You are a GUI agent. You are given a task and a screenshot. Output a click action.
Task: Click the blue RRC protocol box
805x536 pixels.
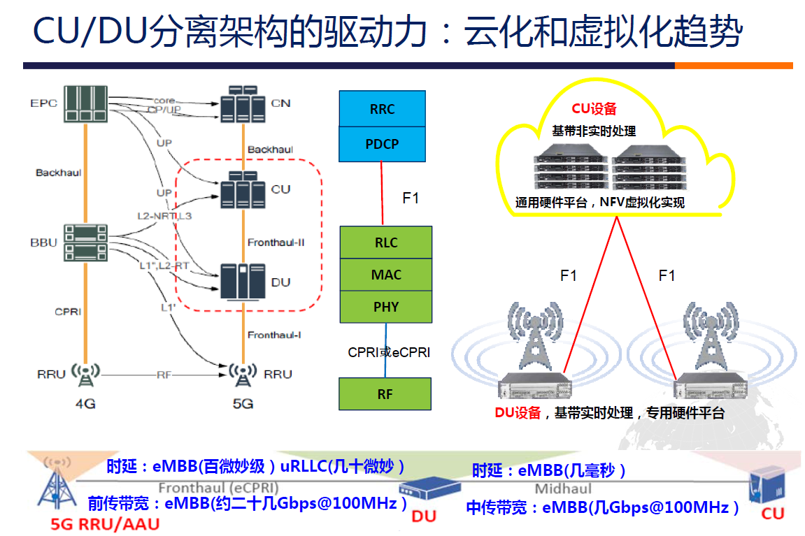pos(382,109)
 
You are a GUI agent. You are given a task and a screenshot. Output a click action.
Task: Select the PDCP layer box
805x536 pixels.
pos(382,144)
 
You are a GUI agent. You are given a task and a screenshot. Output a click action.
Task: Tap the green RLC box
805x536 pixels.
pos(385,242)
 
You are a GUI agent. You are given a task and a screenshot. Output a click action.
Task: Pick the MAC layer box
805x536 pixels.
pos(385,275)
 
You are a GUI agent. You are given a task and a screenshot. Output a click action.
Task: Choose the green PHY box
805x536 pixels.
pos(385,307)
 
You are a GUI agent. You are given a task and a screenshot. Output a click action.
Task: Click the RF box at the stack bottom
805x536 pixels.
pos(385,393)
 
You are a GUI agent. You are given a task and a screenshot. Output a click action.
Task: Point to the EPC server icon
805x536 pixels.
pos(85,103)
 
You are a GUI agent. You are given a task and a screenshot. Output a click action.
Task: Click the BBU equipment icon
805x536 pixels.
pos(85,243)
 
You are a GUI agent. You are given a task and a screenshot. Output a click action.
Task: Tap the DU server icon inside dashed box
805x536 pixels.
pos(242,282)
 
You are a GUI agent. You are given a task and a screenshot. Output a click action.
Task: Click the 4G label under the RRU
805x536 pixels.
pos(85,403)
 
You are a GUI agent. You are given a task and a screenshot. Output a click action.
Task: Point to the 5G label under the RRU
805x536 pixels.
pos(242,403)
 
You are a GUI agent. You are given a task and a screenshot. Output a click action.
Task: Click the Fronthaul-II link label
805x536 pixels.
pos(276,242)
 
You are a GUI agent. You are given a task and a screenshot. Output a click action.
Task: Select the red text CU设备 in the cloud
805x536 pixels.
pos(594,108)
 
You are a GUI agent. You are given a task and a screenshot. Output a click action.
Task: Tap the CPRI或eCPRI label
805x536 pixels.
pos(389,352)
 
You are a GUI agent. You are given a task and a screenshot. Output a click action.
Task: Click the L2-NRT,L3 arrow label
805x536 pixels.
pos(164,216)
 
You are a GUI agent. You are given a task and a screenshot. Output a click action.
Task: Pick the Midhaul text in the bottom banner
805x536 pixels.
pos(563,488)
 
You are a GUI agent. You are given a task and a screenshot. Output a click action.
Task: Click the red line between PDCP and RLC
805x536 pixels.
pos(382,192)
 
